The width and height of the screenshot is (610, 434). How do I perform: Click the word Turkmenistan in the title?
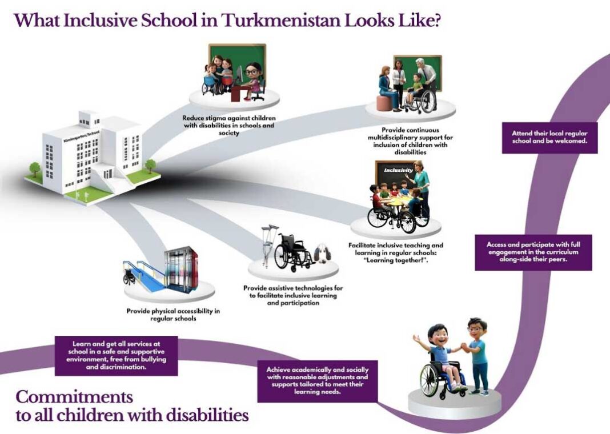pos(281,21)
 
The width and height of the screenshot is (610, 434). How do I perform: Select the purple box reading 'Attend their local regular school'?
pos(549,137)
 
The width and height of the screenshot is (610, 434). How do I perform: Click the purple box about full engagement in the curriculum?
pos(533,252)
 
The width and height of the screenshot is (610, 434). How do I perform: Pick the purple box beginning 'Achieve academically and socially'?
pos(318,381)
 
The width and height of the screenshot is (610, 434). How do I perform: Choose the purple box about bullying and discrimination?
pos(117,355)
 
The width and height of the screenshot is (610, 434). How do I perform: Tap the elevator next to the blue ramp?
pos(180,269)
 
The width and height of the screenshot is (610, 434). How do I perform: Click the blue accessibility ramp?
pos(148,274)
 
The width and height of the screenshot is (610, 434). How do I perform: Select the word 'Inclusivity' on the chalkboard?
pos(398,170)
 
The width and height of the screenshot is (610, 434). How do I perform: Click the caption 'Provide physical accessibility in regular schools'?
pos(173,315)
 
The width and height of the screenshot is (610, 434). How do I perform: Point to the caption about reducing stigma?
pos(228,125)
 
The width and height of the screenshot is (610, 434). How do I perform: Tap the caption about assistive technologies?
pos(293,296)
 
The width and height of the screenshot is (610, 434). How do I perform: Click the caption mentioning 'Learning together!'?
pos(396,253)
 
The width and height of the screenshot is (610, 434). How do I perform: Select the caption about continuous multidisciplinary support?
pos(410,141)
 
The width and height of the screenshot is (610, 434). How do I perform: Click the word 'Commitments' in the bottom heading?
pos(74,397)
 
